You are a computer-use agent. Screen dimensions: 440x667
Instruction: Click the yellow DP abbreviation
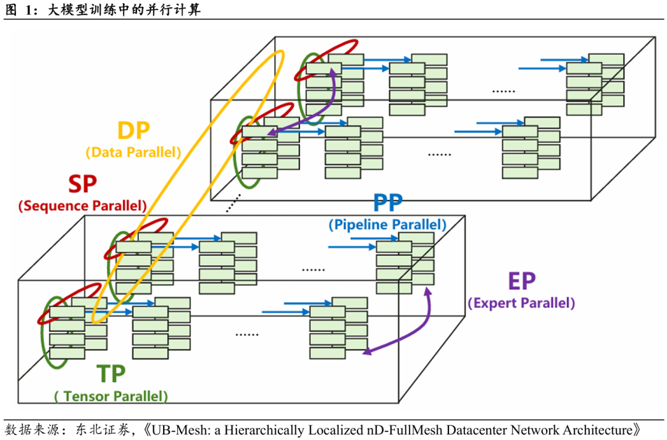tap(133, 131)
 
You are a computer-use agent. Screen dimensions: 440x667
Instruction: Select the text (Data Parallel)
tap(133, 151)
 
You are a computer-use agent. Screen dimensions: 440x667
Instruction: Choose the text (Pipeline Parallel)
tap(388, 225)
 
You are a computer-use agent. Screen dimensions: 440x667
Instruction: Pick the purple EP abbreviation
tap(521, 282)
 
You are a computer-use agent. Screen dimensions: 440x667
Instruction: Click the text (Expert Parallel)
tap(521, 303)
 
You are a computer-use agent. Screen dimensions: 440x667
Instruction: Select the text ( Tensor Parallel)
tap(111, 396)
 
